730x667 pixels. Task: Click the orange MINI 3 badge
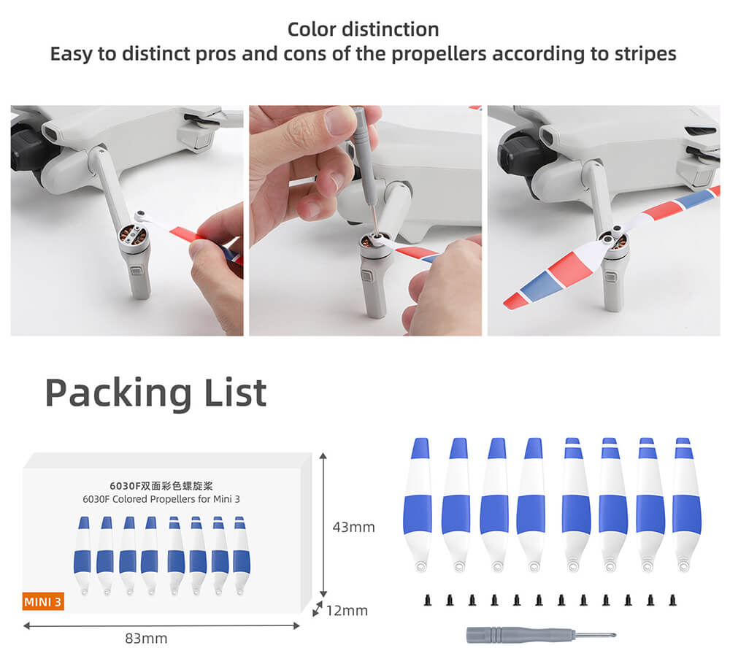[x=43, y=601]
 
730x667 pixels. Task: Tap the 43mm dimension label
[x=353, y=527]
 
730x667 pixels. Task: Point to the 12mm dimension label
[x=347, y=610]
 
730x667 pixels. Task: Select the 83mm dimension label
[x=146, y=638]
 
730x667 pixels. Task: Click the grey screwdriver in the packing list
[x=541, y=635]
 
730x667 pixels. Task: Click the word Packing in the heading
[x=118, y=394]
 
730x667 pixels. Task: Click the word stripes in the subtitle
[x=645, y=54]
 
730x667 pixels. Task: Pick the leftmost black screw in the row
[x=428, y=600]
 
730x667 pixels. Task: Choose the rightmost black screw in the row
[x=672, y=600]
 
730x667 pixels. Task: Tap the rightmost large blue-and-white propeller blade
[x=686, y=504]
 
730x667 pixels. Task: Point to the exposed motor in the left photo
[x=133, y=235]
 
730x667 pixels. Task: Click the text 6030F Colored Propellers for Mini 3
[x=161, y=499]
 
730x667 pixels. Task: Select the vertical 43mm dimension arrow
[x=323, y=525]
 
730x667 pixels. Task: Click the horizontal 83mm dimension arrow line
[x=161, y=626]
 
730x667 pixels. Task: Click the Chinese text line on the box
[x=161, y=486]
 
